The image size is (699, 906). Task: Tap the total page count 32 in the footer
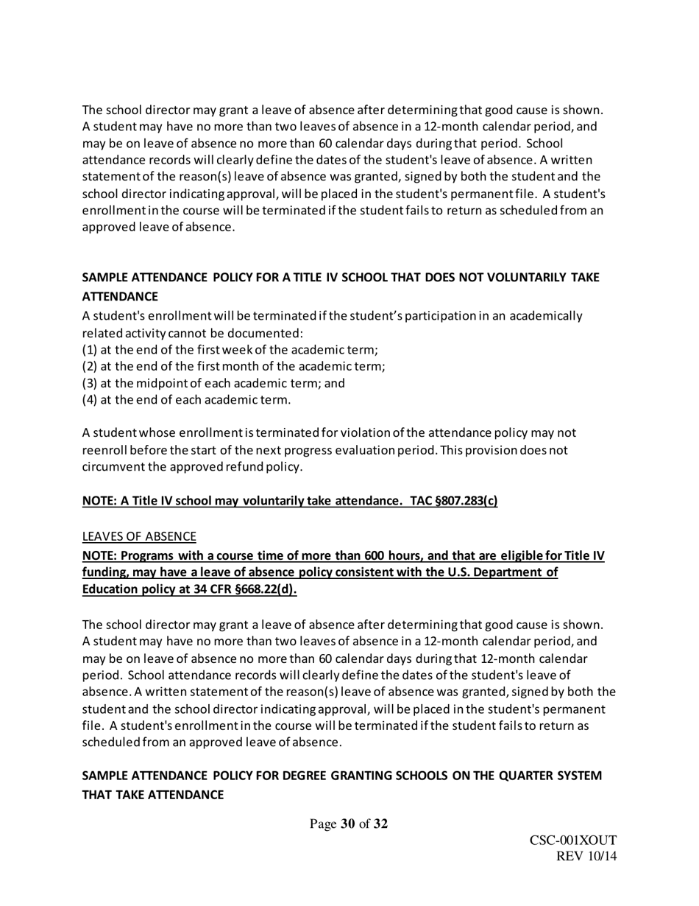tap(380, 824)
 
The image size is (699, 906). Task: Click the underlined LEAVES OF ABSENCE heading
tap(139, 536)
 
